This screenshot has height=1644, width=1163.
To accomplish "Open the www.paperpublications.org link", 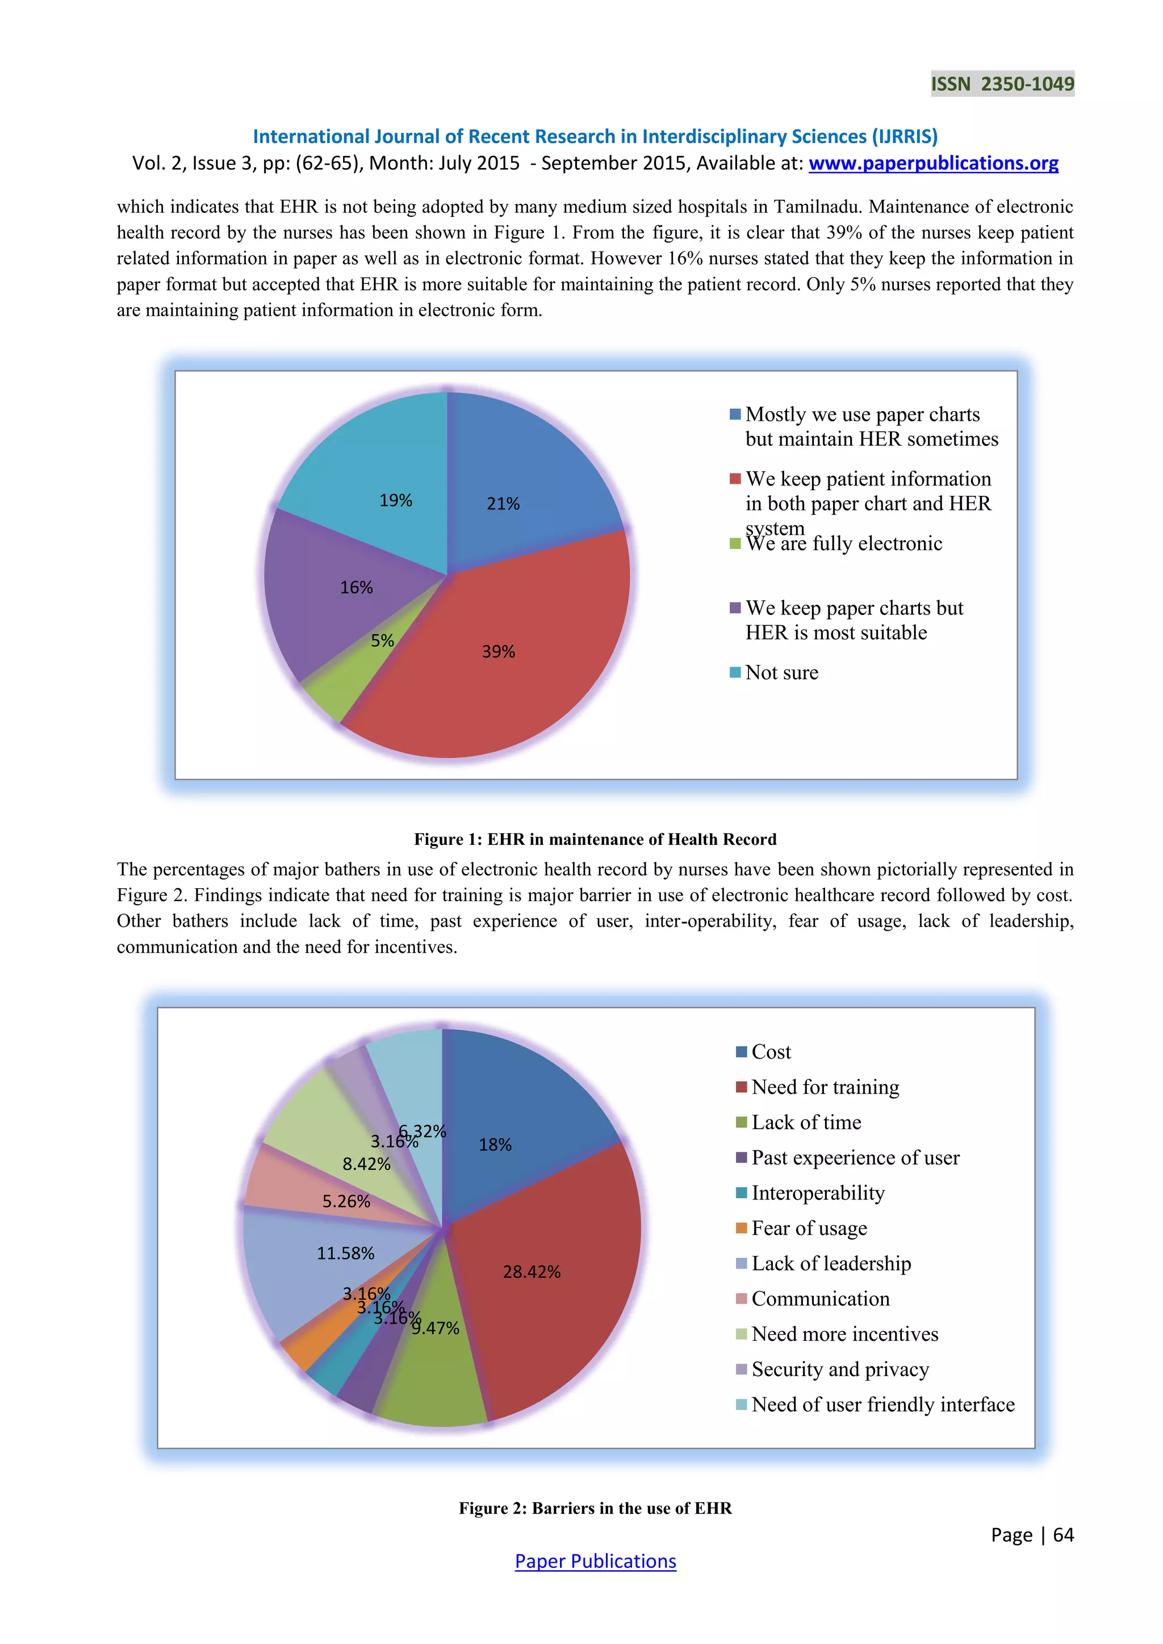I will click(933, 163).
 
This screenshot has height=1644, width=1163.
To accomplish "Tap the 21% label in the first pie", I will click(503, 504).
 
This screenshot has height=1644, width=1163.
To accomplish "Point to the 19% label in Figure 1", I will click(395, 500).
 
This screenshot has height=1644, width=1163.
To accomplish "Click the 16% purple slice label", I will click(356, 588).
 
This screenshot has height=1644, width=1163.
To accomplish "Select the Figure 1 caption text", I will click(595, 839).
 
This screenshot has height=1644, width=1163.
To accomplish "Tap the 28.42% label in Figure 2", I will click(532, 1271).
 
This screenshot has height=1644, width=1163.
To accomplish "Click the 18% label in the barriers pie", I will click(495, 1145).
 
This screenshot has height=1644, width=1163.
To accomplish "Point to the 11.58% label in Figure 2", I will click(345, 1253).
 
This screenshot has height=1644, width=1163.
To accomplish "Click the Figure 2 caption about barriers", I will click(595, 1508).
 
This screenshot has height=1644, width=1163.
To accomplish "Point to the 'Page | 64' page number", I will click(1032, 1534).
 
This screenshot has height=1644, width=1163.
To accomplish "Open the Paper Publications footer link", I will click(595, 1561).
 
